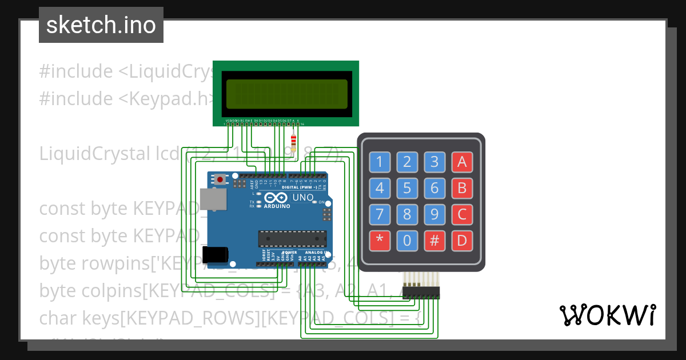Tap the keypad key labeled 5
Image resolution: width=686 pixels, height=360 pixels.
click(x=407, y=187)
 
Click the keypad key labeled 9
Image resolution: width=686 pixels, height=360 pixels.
click(x=434, y=214)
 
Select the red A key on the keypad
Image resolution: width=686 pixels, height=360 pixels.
click(x=462, y=162)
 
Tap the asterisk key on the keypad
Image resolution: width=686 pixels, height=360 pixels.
click(x=380, y=241)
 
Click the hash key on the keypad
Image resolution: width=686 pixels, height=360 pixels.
click(x=434, y=241)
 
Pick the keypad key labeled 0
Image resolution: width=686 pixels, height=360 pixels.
click(x=407, y=241)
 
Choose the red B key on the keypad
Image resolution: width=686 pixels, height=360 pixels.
click(x=462, y=187)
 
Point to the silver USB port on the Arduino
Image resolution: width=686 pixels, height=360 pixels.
click(x=213, y=201)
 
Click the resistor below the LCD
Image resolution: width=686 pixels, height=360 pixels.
click(x=294, y=141)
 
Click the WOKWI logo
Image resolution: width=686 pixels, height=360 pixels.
click(x=607, y=315)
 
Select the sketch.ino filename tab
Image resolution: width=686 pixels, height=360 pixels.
click(x=101, y=25)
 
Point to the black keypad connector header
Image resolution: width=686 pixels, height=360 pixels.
click(x=422, y=293)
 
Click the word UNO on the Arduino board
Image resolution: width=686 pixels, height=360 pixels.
click(x=303, y=198)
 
